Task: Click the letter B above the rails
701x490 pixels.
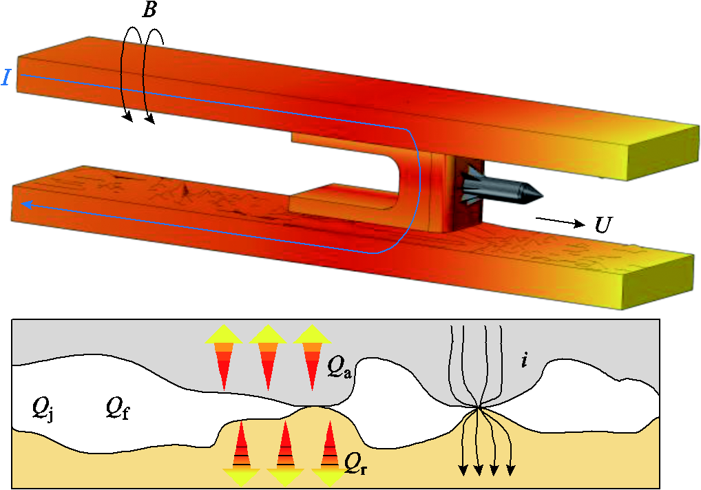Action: point(149,10)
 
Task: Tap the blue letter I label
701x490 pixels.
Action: point(6,77)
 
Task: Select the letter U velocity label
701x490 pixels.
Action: point(603,225)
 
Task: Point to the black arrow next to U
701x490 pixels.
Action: point(561,222)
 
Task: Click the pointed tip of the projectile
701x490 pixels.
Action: point(543,195)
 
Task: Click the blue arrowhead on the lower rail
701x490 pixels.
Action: point(27,204)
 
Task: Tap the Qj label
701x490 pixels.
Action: point(43,409)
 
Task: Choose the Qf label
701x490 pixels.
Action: point(118,409)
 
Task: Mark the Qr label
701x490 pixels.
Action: point(356,465)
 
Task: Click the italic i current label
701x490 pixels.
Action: point(524,360)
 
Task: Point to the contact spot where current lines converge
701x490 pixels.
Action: point(479,407)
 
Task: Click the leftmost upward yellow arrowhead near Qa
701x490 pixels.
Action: point(224,334)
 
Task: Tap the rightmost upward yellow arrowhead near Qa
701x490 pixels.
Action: point(313,334)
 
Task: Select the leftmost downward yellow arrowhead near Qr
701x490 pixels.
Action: point(242,478)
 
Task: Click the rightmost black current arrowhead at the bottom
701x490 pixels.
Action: point(510,471)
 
